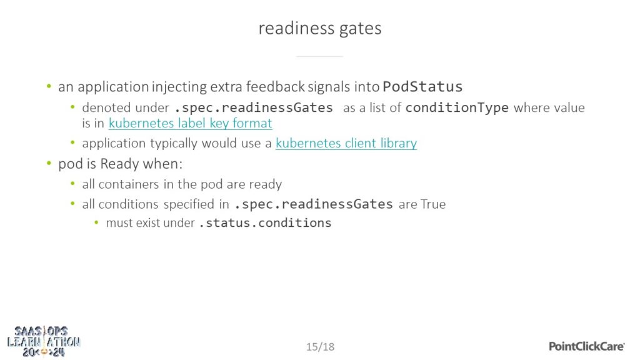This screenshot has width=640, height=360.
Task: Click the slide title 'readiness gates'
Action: (x=320, y=29)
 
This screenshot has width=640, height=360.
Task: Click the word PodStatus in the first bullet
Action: (x=422, y=86)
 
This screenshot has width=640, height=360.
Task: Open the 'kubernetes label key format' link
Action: (x=190, y=123)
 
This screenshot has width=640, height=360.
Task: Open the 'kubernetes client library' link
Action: (x=346, y=143)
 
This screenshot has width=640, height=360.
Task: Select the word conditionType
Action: (x=457, y=107)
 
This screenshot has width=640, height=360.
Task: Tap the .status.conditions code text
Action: (x=265, y=223)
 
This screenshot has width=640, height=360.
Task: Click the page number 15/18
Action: (x=321, y=346)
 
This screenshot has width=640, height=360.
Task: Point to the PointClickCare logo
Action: (x=586, y=346)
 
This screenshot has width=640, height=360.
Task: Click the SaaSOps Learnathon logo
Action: (x=44, y=341)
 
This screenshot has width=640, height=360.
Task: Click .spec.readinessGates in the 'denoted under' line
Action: (x=254, y=107)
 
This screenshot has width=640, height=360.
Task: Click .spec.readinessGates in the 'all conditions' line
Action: (x=314, y=204)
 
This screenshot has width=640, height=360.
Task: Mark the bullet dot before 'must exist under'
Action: (x=96, y=222)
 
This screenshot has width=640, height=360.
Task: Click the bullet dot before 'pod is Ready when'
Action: (x=49, y=163)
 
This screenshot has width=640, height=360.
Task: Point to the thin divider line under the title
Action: (x=319, y=56)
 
